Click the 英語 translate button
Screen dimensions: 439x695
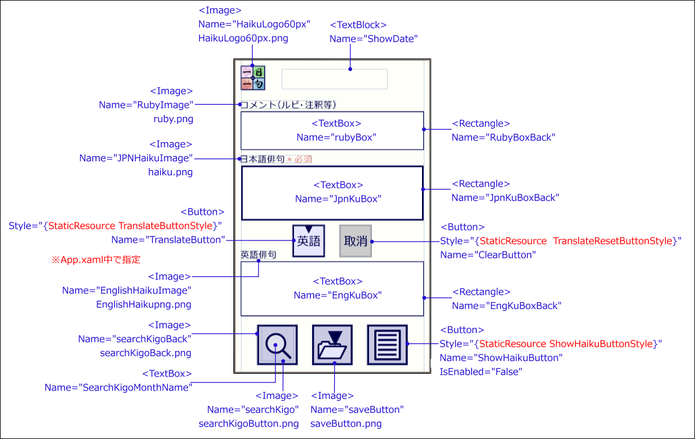click(309, 240)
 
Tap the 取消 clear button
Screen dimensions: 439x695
click(356, 240)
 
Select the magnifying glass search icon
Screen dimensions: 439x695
click(278, 345)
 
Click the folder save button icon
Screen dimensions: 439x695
click(332, 345)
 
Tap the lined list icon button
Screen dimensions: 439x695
click(387, 345)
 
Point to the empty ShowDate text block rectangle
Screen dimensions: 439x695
click(335, 79)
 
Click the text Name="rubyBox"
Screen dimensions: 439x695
click(336, 137)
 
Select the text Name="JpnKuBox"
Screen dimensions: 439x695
click(338, 199)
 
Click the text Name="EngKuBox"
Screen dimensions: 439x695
click(338, 295)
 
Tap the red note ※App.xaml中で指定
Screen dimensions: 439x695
click(97, 260)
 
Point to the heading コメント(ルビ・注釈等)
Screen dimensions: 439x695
click(289, 105)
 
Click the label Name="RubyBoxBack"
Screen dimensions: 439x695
click(503, 137)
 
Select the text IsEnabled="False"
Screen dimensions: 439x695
click(481, 371)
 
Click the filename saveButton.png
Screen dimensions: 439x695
click(346, 423)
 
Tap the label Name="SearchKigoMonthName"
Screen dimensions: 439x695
click(118, 387)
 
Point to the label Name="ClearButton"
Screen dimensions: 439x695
click(487, 254)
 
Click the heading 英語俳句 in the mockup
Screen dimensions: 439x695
click(258, 254)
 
